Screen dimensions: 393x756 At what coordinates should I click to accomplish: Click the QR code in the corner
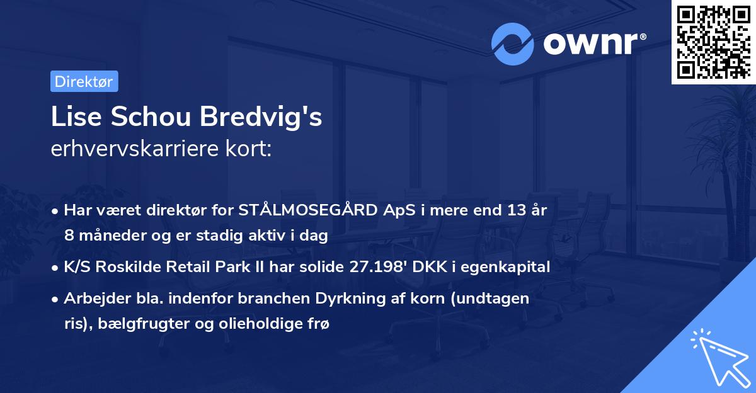point(713,42)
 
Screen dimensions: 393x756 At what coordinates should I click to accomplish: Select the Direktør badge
point(84,81)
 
